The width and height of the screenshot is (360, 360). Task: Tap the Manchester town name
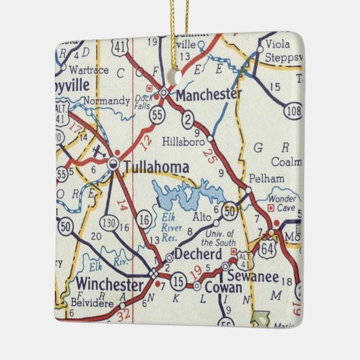pyautogui.click(x=208, y=94)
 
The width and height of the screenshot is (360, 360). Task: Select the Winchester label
pyautogui.click(x=109, y=283)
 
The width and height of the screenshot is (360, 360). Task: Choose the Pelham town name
pyautogui.click(x=262, y=177)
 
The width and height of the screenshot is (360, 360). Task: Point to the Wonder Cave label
pyautogui.click(x=281, y=204)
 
